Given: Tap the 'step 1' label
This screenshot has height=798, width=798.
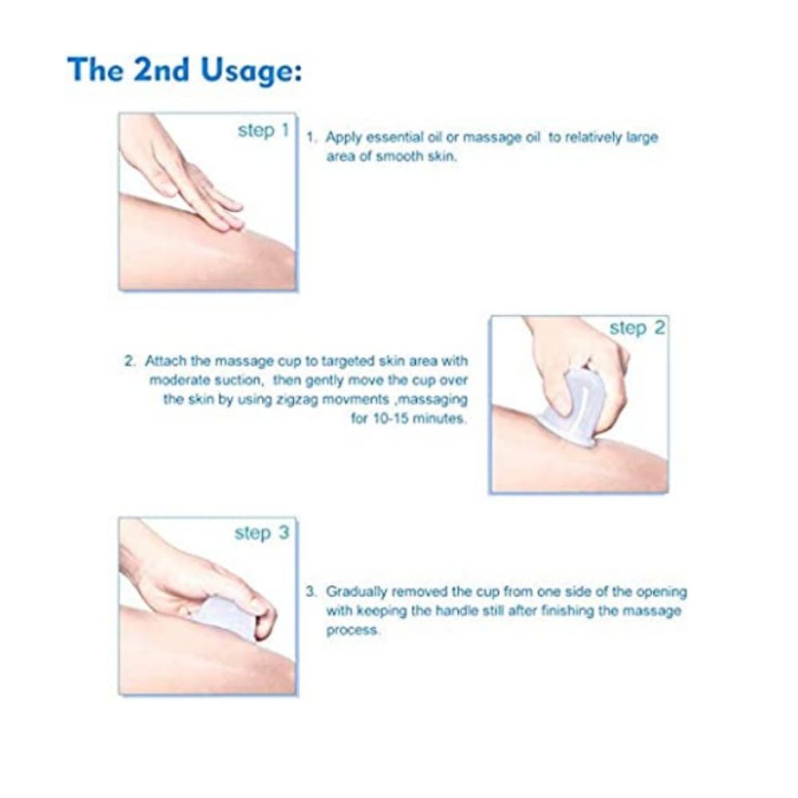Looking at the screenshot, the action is [x=263, y=131].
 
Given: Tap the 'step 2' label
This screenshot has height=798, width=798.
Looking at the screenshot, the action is [x=637, y=328].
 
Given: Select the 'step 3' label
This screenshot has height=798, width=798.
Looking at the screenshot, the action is [x=262, y=533].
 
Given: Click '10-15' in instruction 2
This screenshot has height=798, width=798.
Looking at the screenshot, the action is [x=390, y=419].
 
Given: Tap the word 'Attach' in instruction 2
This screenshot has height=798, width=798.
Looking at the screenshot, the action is [x=166, y=360].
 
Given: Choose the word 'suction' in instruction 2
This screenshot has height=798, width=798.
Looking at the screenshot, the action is [x=241, y=380].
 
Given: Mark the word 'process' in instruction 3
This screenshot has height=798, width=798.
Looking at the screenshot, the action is [x=352, y=631].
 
